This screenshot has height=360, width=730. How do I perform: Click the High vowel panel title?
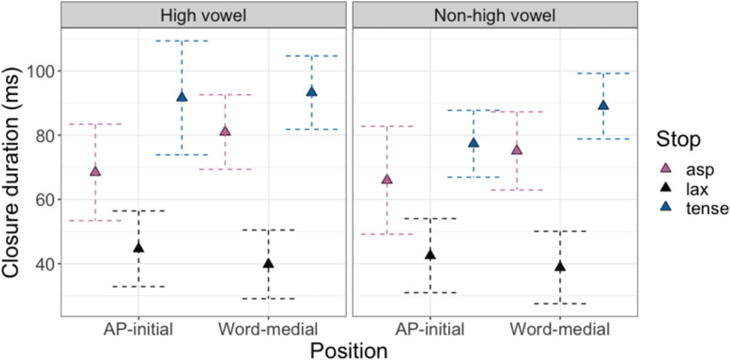tap(203, 16)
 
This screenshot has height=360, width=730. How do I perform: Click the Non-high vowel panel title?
tap(495, 16)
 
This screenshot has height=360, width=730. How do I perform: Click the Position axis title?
tap(349, 351)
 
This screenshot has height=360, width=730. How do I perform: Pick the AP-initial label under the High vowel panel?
tap(138, 329)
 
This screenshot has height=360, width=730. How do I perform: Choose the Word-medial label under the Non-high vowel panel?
tap(560, 329)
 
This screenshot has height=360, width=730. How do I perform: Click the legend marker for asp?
tap(667, 168)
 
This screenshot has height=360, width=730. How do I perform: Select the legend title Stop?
tap(678, 139)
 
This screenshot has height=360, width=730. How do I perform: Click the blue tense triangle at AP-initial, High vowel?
tap(182, 96)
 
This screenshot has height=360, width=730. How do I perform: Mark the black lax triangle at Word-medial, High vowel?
tap(268, 263)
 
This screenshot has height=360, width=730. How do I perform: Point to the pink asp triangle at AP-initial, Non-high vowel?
tap(387, 179)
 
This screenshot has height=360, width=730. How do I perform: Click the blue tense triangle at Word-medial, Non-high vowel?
tap(603, 105)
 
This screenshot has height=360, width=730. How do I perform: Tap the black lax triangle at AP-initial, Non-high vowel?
tap(430, 254)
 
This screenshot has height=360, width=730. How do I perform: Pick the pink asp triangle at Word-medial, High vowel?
tap(225, 131)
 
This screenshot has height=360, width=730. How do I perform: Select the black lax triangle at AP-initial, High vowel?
tap(139, 248)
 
